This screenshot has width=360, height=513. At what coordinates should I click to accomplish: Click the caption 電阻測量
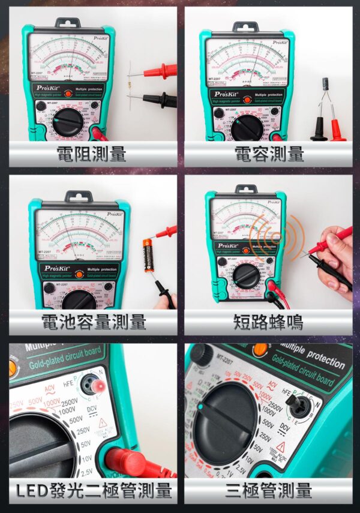(x=91, y=154)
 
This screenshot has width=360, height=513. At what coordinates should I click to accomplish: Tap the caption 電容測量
(x=268, y=154)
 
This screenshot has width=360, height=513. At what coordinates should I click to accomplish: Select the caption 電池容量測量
(x=93, y=322)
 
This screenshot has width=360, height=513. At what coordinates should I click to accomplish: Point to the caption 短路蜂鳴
(x=268, y=322)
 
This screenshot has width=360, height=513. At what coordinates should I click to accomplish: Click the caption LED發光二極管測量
(x=94, y=491)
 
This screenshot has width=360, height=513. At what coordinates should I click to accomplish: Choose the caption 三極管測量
(x=268, y=491)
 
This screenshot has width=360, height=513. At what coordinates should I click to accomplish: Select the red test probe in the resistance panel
(x=160, y=72)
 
